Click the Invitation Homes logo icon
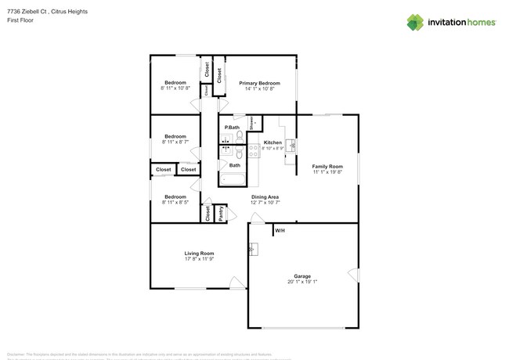point(415,22)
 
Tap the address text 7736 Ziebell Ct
point(25,12)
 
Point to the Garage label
point(302,276)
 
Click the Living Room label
point(199,253)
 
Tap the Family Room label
point(327,166)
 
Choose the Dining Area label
point(265,196)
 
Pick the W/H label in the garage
point(279,230)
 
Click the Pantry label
point(222,212)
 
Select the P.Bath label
point(232,128)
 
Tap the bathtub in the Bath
point(233,179)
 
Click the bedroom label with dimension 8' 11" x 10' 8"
point(175,83)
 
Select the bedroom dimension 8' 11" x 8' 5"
point(175,202)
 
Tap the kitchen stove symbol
point(254,149)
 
